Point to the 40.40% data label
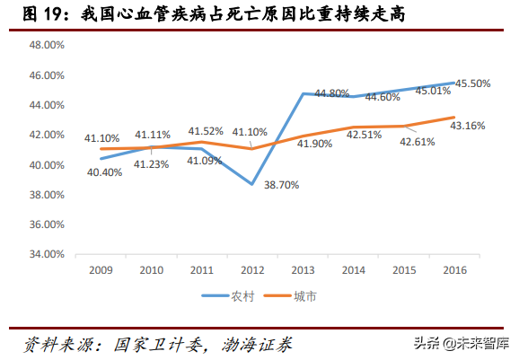(x=103, y=172)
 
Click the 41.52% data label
(x=206, y=131)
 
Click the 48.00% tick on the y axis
(x=46, y=44)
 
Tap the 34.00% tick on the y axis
(x=46, y=254)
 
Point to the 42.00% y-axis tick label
(x=46, y=135)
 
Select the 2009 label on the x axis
(x=100, y=269)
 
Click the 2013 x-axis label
(x=303, y=269)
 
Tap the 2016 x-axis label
(x=454, y=269)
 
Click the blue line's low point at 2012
(x=252, y=184)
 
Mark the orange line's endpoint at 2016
(x=454, y=117)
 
